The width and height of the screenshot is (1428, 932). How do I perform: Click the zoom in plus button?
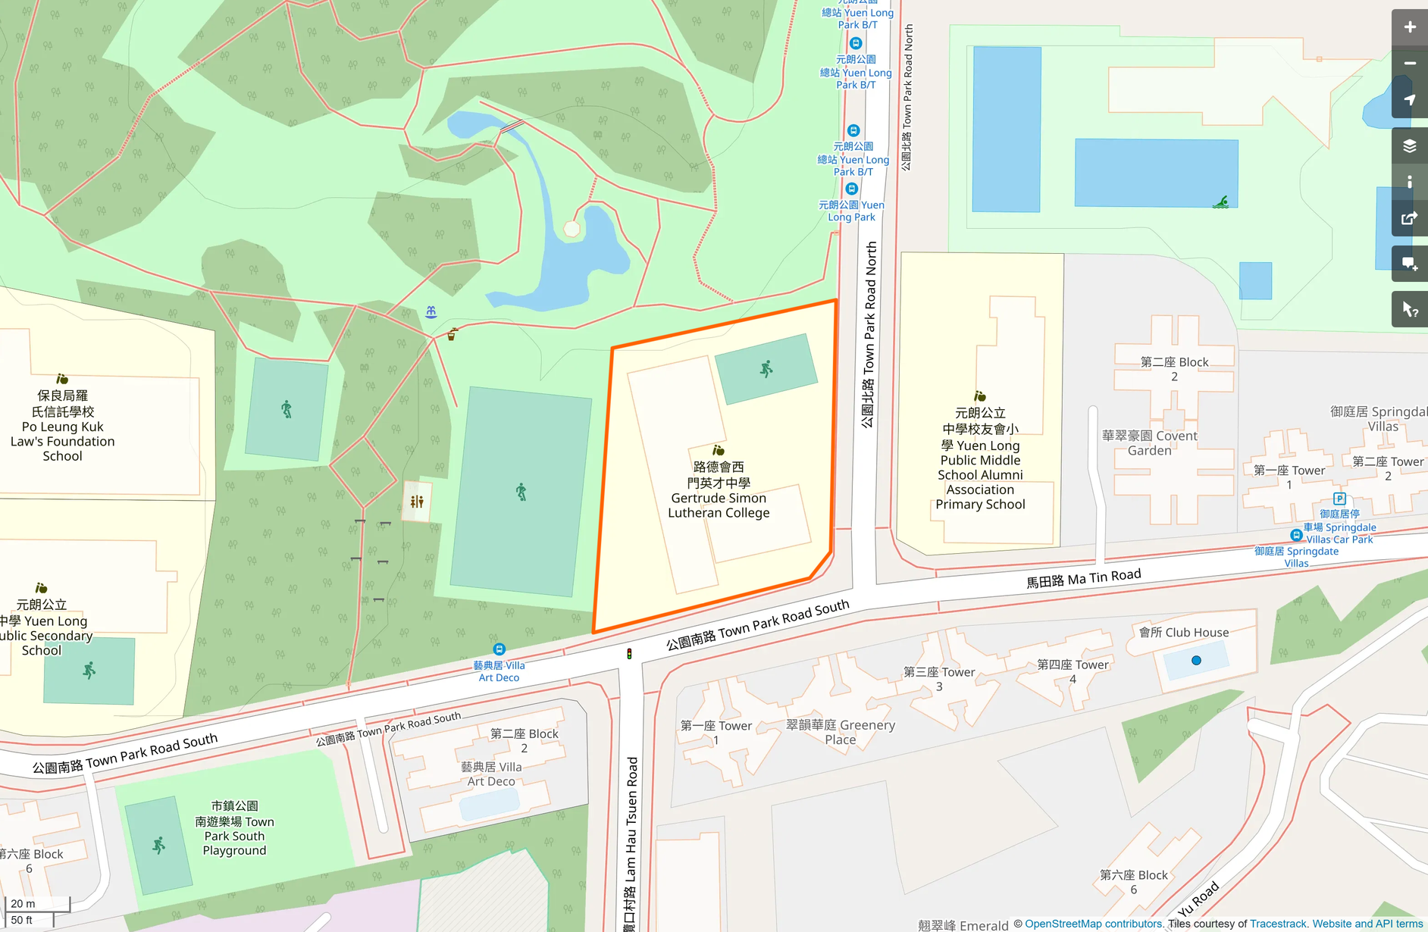(1409, 28)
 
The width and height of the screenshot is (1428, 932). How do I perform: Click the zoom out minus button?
(1409, 64)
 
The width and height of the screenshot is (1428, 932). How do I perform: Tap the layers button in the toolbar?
(1409, 146)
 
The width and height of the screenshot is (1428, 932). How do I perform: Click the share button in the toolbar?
(1409, 219)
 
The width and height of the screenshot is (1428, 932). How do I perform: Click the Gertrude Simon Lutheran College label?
(718, 490)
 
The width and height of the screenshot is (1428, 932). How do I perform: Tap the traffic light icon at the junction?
(629, 654)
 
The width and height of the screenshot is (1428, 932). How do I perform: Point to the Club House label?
(1183, 633)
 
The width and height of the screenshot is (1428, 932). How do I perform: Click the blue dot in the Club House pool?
(1196, 661)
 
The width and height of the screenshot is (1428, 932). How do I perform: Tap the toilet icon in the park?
(417, 502)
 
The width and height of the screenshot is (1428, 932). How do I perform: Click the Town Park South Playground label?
(234, 828)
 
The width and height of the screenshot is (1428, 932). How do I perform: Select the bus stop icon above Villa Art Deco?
(499, 649)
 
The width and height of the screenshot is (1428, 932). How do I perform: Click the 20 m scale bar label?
(23, 903)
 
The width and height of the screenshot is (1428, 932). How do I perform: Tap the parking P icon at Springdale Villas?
(1339, 499)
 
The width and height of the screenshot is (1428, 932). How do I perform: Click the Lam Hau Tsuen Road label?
(631, 841)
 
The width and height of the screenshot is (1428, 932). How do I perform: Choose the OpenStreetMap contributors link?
(1093, 924)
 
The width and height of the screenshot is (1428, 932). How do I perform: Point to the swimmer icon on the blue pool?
(1220, 202)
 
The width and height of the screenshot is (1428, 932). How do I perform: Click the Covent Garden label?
(1149, 443)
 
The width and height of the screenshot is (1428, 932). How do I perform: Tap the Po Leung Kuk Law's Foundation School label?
(63, 426)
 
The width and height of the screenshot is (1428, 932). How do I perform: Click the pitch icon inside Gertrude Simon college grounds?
(766, 369)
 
